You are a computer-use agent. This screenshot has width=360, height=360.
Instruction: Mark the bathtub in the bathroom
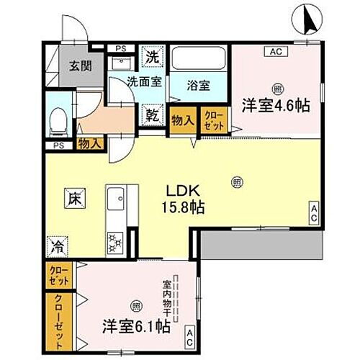click(199, 58)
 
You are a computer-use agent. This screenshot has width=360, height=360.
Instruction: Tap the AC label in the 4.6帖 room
click(274, 52)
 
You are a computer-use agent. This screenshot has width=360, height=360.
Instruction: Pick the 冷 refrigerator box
click(57, 247)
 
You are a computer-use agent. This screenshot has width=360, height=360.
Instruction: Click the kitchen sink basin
click(117, 197)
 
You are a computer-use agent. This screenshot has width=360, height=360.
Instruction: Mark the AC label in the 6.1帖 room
click(189, 334)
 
